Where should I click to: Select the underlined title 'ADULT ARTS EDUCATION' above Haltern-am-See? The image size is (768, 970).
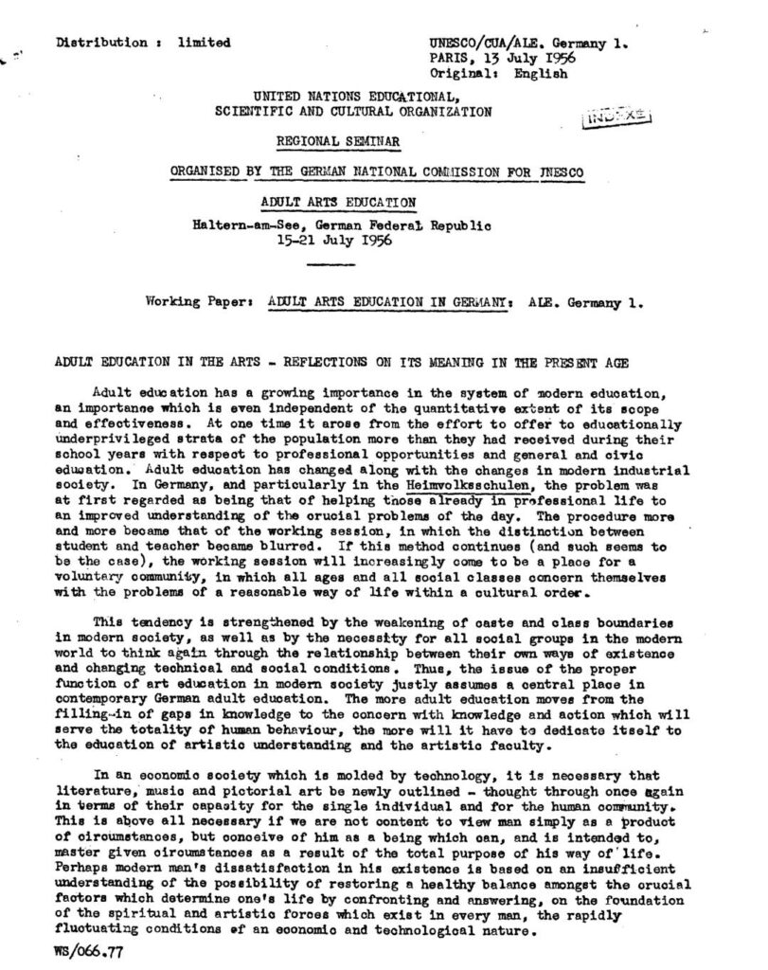337,202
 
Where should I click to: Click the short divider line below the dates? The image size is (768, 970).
330,265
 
